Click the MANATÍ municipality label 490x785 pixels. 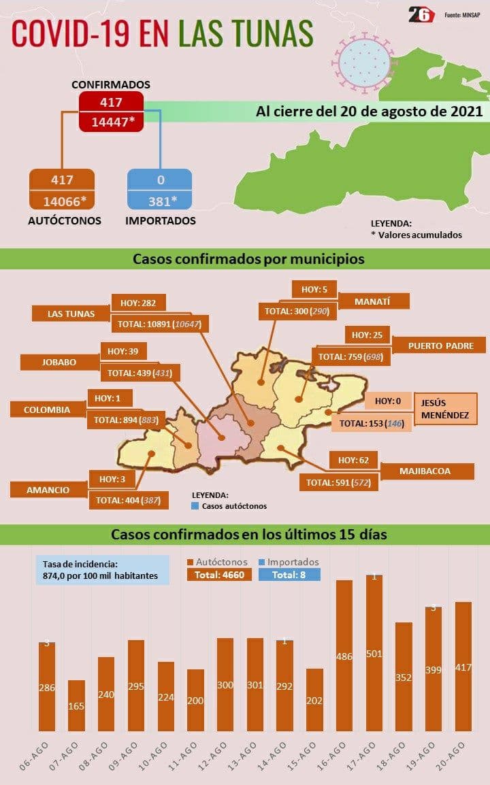[x=373, y=301]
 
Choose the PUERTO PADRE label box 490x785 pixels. [x=440, y=346]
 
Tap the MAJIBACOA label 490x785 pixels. [x=425, y=471]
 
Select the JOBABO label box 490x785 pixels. [x=59, y=362]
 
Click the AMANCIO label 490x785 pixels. [x=48, y=490]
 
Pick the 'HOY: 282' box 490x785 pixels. [x=138, y=303]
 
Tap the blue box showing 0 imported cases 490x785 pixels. [x=159, y=180]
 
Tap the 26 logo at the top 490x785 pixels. [x=421, y=15]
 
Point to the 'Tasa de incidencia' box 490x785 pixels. [x=102, y=570]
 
